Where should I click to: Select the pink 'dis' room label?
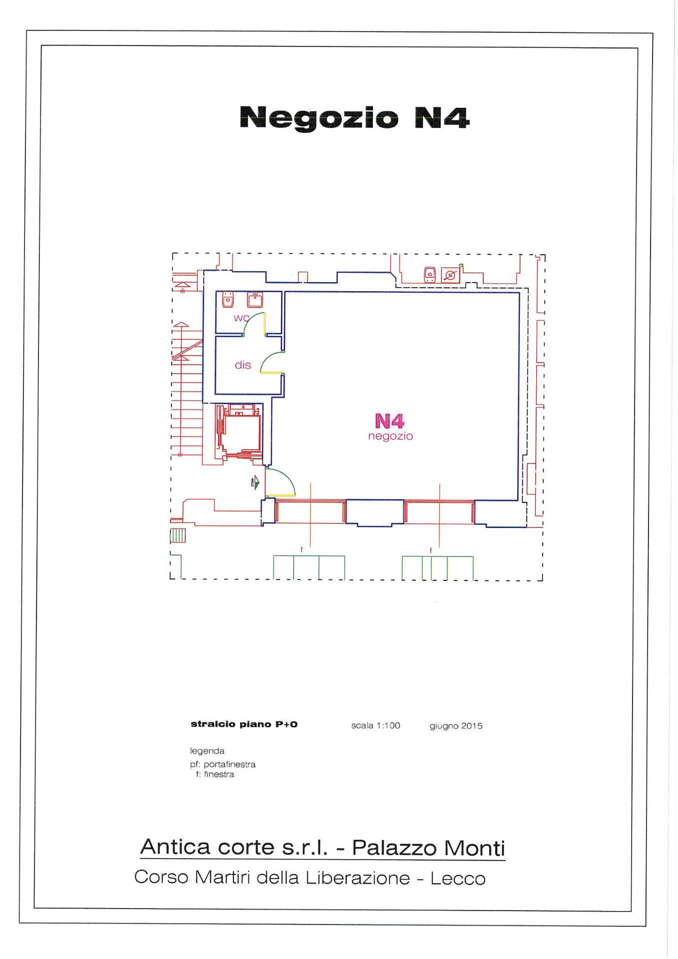coord(243,365)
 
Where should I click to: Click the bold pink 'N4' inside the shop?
coord(389,422)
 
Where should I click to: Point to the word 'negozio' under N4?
coord(390,437)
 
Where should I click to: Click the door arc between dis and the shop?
coord(265,359)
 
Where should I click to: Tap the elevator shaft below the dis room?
coord(239,432)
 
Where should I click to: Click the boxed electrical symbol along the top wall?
coord(451,275)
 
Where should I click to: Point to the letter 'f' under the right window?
coord(431,550)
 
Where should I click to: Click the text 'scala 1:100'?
coord(375,725)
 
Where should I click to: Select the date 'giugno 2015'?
coord(456,726)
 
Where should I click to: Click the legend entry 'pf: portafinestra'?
coord(223,764)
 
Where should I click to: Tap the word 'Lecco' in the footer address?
coord(458,879)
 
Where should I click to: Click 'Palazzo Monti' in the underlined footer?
coord(428,848)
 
